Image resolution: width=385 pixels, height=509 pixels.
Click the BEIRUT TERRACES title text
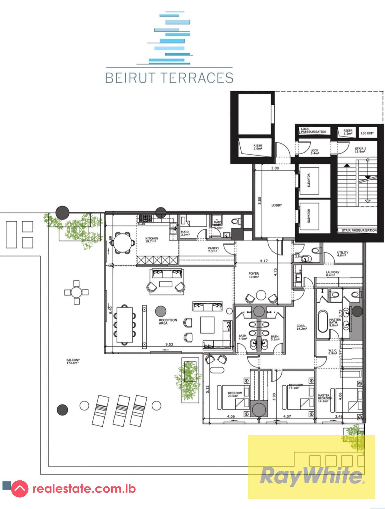pyautogui.click(x=169, y=78)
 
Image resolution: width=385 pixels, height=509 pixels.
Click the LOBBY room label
pyautogui.click(x=276, y=205)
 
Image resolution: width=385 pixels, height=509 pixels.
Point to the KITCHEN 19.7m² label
pyautogui.click(x=151, y=240)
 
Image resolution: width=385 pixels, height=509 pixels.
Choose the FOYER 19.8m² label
pyautogui.click(x=253, y=275)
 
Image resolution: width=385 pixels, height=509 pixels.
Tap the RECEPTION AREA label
pyautogui.click(x=168, y=322)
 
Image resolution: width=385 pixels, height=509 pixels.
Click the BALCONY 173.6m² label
pyautogui.click(x=73, y=361)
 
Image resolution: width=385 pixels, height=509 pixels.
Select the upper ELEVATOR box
pyautogui.click(x=309, y=181)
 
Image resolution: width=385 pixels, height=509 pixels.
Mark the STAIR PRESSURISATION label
pyautogui.click(x=359, y=230)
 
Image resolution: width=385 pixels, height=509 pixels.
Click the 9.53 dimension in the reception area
pyautogui.click(x=169, y=344)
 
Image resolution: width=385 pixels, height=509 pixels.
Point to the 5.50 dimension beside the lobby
pyautogui.click(x=259, y=200)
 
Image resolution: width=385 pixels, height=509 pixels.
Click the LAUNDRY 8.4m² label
pyautogui.click(x=332, y=274)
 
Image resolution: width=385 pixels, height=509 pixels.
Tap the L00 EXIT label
pyautogui.click(x=367, y=133)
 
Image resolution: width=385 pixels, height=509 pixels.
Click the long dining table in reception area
pyautogui.click(x=124, y=324)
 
